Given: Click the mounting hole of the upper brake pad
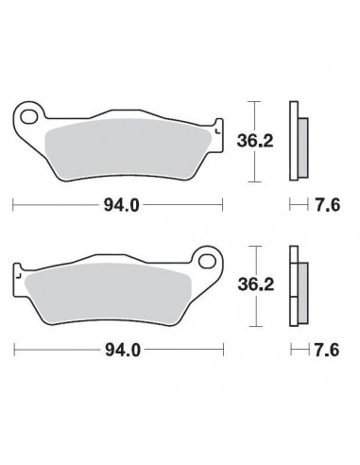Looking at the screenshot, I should coord(31,118).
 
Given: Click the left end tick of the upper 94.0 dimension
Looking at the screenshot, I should coord(12,203).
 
